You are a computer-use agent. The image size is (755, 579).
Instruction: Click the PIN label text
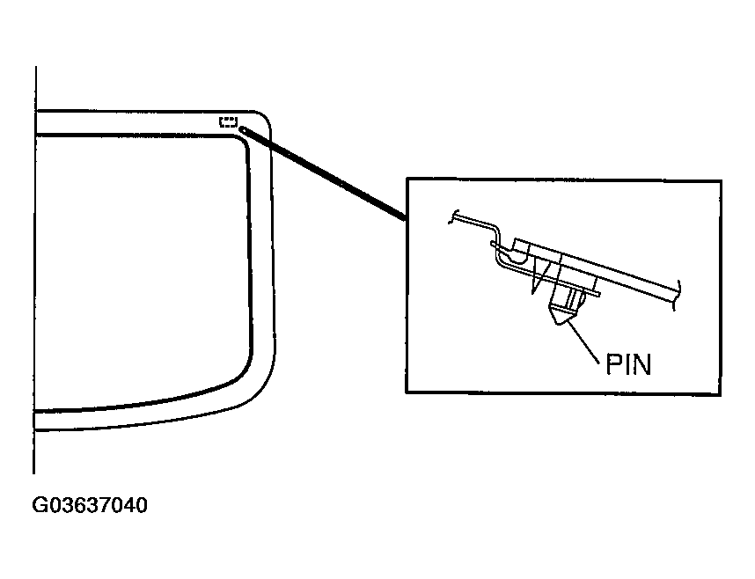pos(628,364)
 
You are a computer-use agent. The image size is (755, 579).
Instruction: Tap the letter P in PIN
pos(613,364)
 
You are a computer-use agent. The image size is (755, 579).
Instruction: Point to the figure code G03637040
pos(90,505)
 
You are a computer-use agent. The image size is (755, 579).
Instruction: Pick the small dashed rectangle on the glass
pos(229,121)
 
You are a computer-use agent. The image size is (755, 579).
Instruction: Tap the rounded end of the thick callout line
pos(242,129)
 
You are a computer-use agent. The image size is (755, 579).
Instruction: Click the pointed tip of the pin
pos(558,323)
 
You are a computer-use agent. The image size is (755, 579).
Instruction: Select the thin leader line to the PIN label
pos(583,342)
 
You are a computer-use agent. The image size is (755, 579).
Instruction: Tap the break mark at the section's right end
pos(677,295)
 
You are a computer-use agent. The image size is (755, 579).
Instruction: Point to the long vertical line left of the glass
pos(34,270)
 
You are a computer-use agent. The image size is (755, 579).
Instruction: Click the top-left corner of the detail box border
pos(407,180)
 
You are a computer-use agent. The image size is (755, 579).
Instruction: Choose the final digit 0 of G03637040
pos(142,505)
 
